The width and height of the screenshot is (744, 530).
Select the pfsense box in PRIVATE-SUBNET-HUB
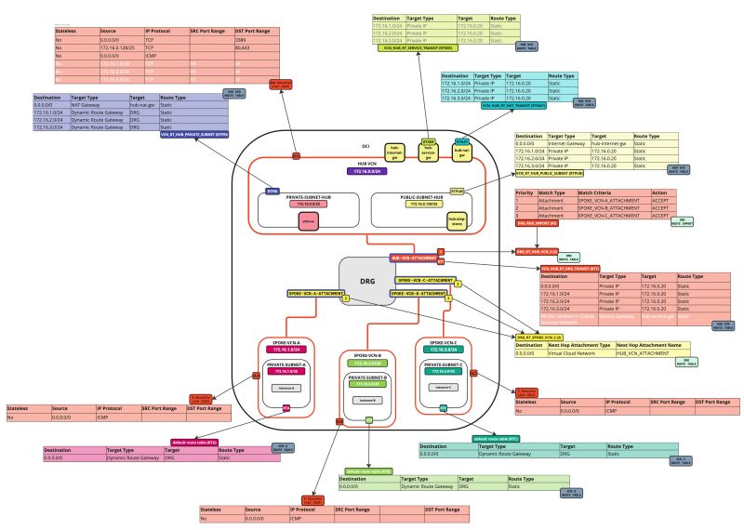[x=309, y=221]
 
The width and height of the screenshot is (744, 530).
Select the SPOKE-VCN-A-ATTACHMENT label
[x=314, y=292]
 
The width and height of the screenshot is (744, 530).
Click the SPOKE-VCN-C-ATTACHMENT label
[x=425, y=279]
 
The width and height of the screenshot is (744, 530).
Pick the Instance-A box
[x=285, y=388]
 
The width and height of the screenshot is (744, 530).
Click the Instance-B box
[x=367, y=397]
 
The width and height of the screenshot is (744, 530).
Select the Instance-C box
[x=444, y=387]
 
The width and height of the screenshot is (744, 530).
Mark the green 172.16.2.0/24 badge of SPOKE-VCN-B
[x=367, y=364]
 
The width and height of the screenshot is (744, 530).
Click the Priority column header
[x=525, y=192]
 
